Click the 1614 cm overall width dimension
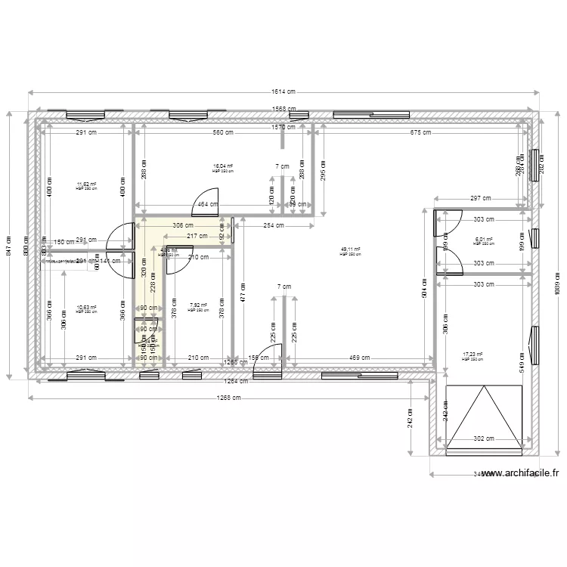[284, 92]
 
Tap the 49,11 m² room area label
[350, 249]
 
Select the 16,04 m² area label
[223, 167]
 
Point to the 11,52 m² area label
[86, 184]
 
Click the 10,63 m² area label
[86, 308]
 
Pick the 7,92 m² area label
[198, 306]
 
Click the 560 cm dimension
[223, 132]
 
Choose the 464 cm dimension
[204, 204]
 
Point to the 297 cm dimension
[480, 198]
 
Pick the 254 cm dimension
[274, 225]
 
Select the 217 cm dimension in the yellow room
[197, 237]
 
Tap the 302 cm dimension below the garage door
[483, 438]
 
